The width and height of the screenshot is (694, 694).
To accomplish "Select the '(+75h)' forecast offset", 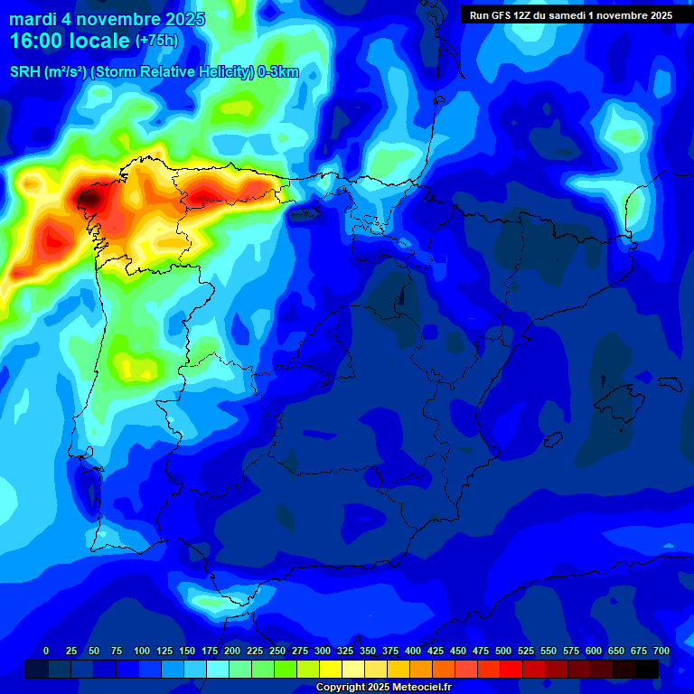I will (157, 42).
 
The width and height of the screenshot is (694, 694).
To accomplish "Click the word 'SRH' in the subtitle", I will (25, 73).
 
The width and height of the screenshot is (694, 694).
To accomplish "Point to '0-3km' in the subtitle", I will (279, 73).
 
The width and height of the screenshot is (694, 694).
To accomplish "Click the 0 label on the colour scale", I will (46, 651).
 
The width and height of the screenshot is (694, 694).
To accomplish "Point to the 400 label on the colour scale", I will (413, 651).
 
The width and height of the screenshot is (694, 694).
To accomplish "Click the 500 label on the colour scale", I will (503, 651).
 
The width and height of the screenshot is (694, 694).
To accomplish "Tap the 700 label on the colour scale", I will (661, 651).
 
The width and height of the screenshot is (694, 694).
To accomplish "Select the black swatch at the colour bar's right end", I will (647, 669).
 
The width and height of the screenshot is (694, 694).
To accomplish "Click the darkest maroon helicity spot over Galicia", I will (90, 198).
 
